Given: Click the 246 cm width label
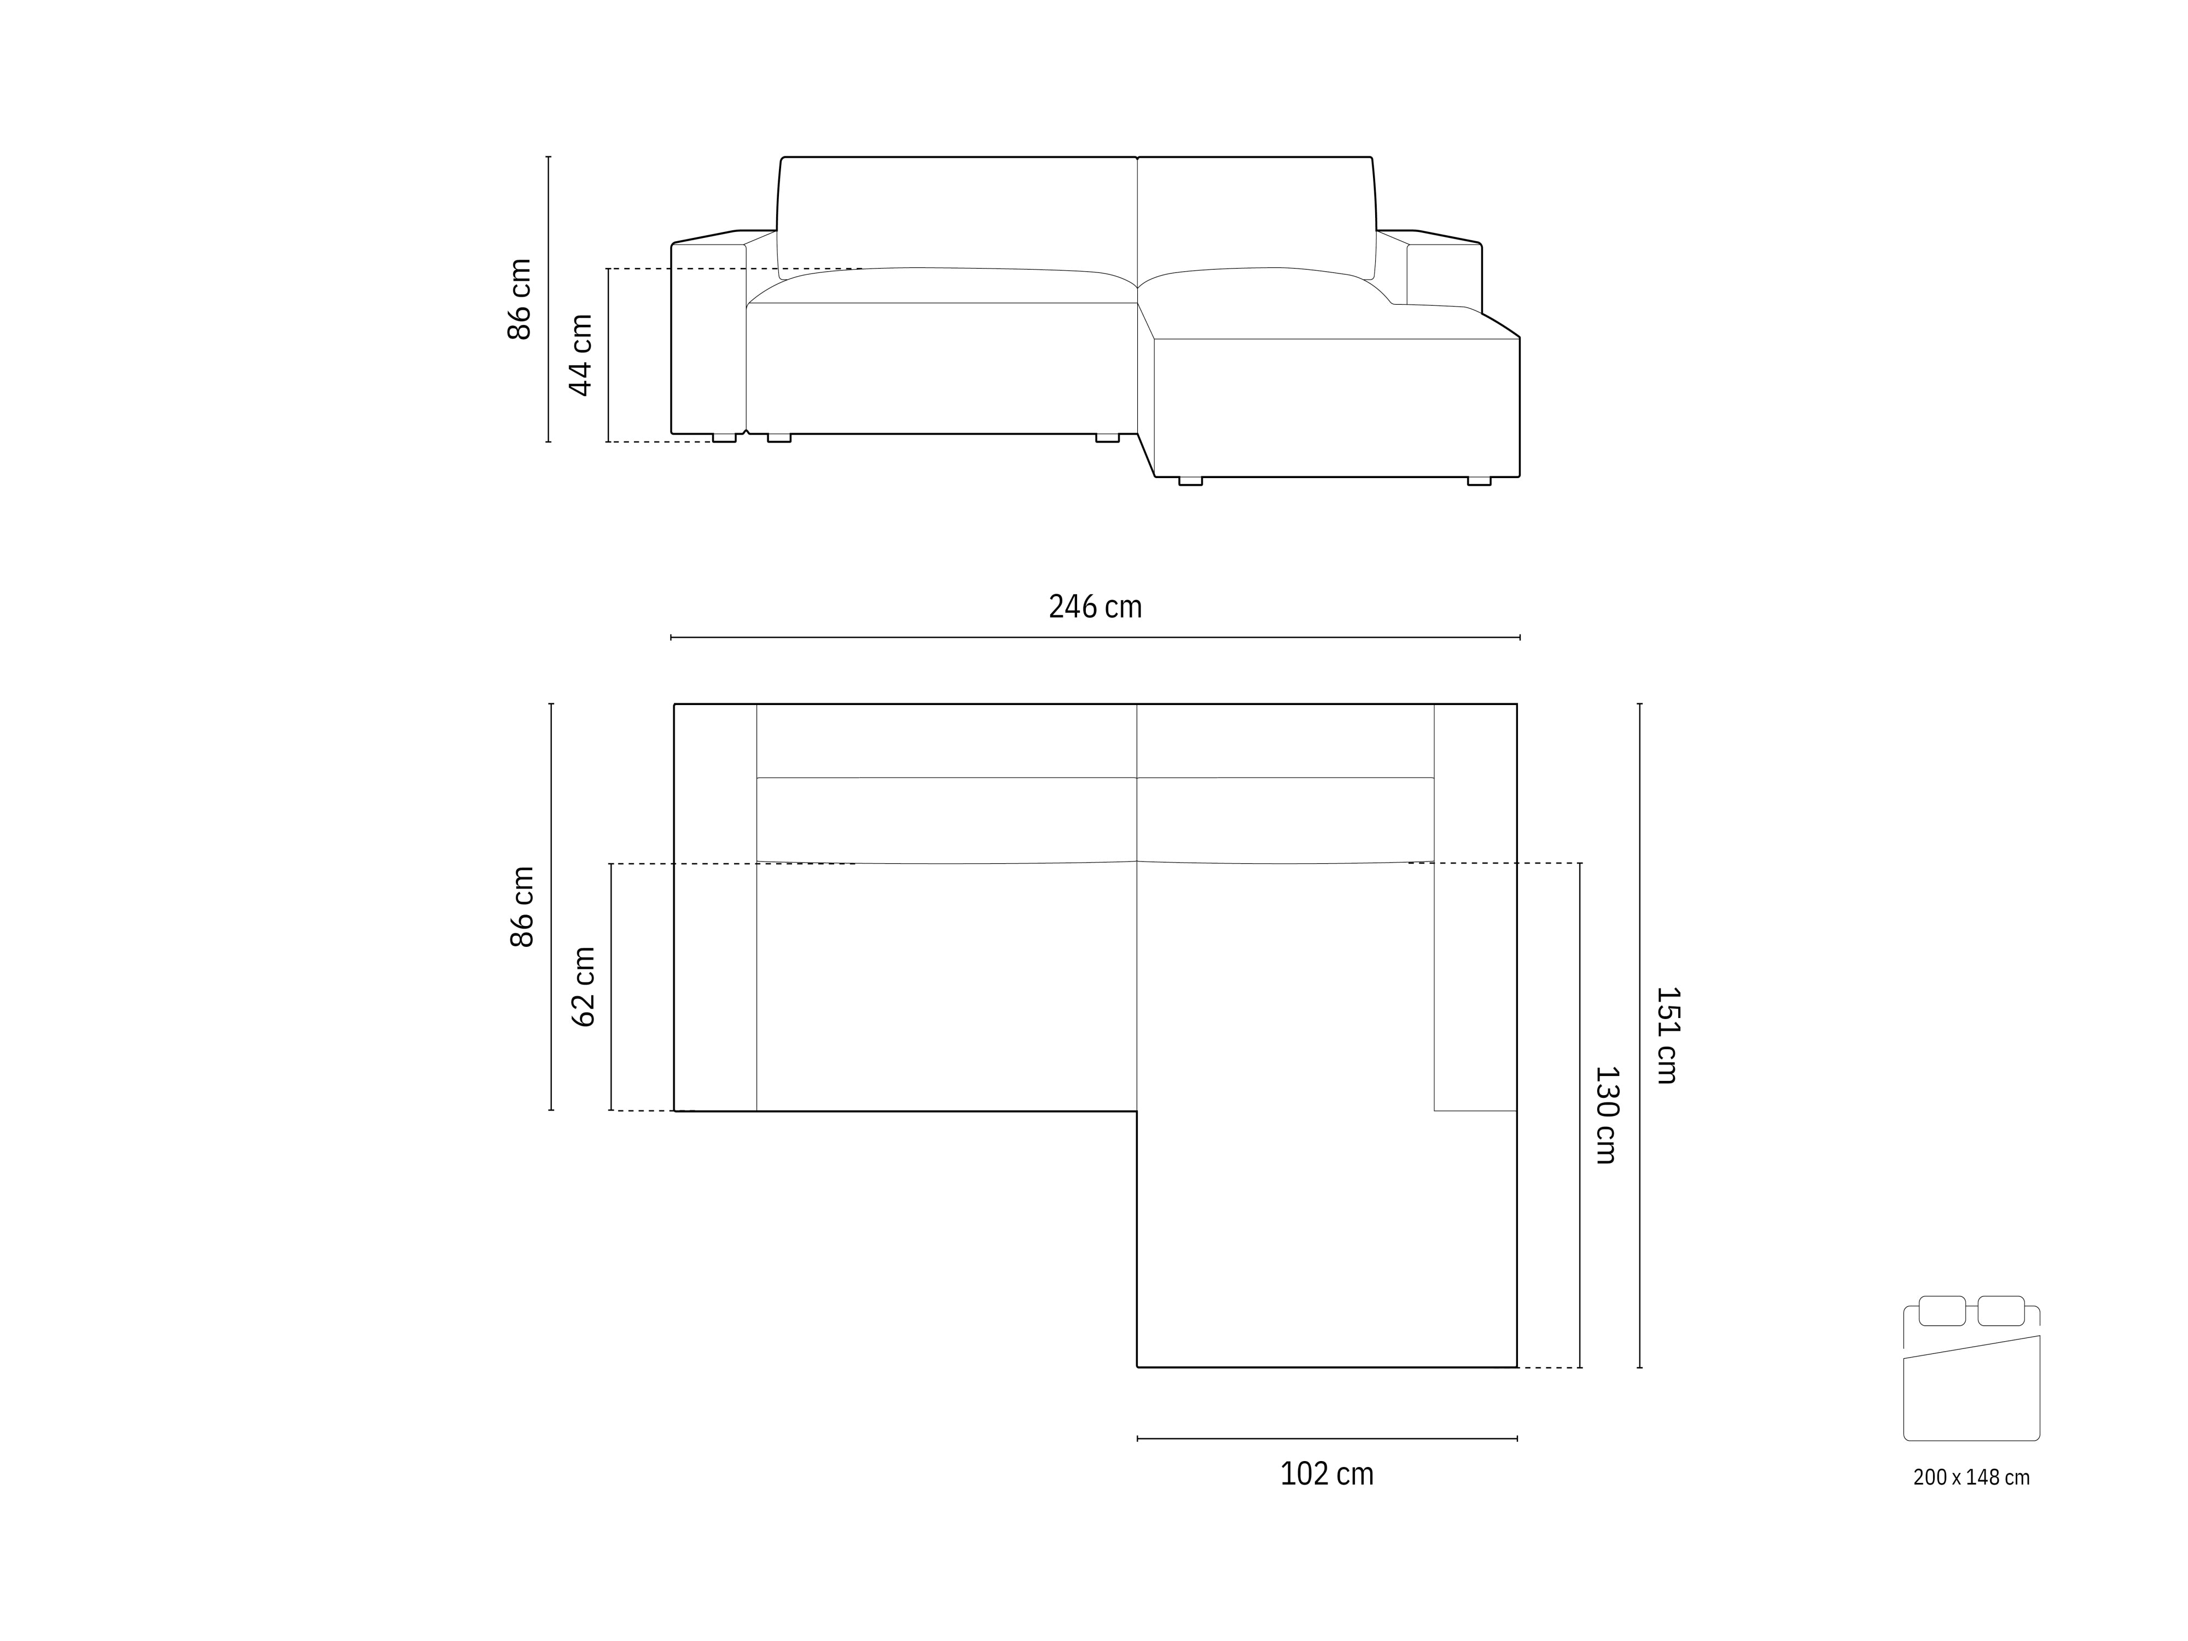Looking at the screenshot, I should pyautogui.click(x=1095, y=606).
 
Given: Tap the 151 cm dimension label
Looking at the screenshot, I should pyautogui.click(x=1667, y=1035).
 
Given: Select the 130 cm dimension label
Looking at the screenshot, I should pyautogui.click(x=1605, y=1115).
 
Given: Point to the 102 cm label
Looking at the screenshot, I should pyautogui.click(x=1326, y=1474).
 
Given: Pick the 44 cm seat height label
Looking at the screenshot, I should pyautogui.click(x=580, y=355).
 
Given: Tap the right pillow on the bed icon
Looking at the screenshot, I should pyautogui.click(x=2000, y=1311).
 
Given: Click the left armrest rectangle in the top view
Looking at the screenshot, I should pyautogui.click(x=715, y=907).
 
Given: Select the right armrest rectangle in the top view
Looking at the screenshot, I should pyautogui.click(x=1475, y=907).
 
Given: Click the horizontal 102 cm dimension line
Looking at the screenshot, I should pyautogui.click(x=1326, y=1438).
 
